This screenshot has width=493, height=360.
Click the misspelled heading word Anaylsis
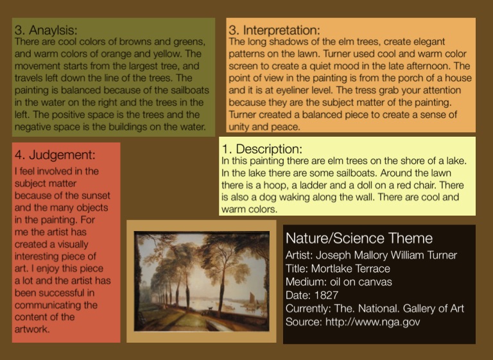tap(53, 30)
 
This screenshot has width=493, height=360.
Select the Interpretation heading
tap(281, 30)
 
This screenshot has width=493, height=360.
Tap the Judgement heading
tap(62, 155)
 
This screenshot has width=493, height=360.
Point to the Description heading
tap(269, 149)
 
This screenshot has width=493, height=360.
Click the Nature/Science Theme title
tap(359, 238)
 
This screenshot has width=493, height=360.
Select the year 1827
tap(326, 295)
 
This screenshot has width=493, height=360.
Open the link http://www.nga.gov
tap(372, 322)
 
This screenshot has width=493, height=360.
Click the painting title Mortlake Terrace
tap(350, 268)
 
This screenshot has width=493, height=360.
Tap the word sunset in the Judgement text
tap(96, 196)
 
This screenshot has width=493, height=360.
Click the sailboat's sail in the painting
tap(253, 297)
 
